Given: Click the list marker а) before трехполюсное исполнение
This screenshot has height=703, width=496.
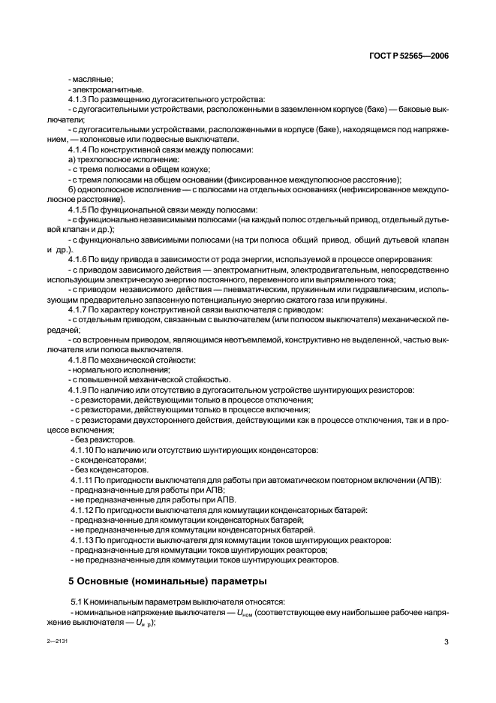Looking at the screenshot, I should coord(72,159).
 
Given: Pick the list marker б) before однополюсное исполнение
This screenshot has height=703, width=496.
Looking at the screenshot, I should coord(72,189).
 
